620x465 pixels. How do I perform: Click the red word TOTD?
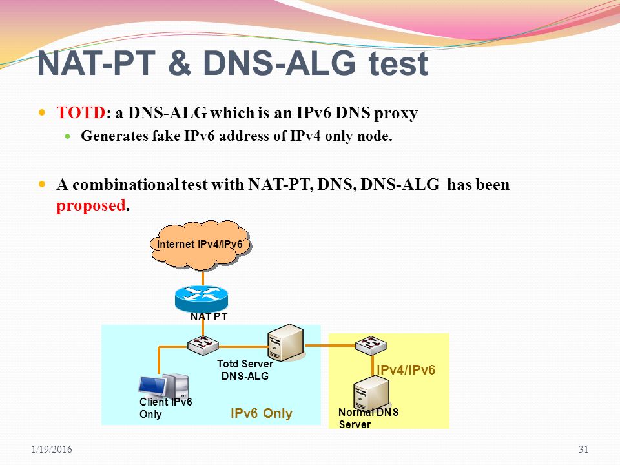81,112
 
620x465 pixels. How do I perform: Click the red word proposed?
91,205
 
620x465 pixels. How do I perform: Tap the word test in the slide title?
398,63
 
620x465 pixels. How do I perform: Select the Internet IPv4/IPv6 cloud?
200,245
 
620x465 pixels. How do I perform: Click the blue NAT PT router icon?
201,299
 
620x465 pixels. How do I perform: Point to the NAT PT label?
209,316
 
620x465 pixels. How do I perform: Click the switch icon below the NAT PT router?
202,345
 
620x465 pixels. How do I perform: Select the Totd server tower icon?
285,342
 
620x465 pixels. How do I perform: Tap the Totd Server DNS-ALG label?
245,369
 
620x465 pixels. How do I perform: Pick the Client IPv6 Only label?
166,408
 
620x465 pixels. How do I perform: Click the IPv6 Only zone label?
262,413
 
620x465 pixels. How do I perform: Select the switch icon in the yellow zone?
371,345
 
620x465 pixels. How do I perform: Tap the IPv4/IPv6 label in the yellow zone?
406,369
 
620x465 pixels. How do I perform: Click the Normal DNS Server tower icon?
371,393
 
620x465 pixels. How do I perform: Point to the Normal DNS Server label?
369,418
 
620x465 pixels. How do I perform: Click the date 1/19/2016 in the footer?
52,449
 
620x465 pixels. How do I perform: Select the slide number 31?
584,449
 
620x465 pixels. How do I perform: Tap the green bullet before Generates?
68,136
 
